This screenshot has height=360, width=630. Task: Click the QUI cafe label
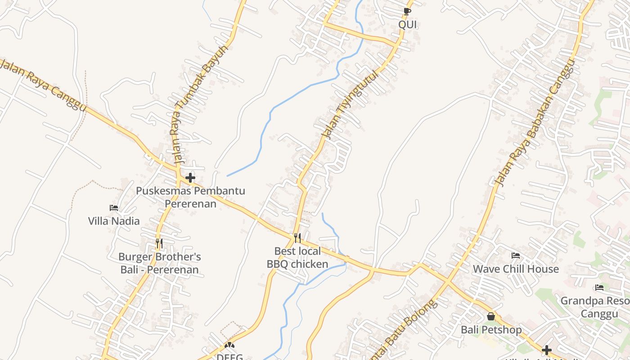tap(408, 25)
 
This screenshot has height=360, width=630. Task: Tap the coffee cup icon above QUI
tap(407, 11)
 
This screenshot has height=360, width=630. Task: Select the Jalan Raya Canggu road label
tap(43, 84)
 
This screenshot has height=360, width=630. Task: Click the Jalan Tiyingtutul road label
tap(350, 104)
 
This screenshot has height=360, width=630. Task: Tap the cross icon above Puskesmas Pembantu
tap(190, 178)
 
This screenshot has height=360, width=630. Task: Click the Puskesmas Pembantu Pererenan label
tap(190, 197)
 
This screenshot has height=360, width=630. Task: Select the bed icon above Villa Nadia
tap(114, 208)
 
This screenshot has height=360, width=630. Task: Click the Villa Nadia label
tap(114, 221)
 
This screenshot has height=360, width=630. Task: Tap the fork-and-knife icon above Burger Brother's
tap(159, 243)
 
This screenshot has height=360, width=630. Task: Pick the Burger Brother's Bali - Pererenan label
tap(159, 263)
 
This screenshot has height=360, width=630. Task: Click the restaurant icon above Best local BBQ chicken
tap(297, 238)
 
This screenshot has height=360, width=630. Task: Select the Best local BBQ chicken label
tap(297, 257)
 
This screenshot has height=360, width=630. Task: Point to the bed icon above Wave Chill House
tap(516, 256)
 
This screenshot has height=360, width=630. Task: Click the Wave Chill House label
tap(516, 269)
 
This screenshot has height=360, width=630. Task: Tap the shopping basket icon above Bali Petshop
tap(491, 317)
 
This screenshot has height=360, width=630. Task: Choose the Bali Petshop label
tap(491, 330)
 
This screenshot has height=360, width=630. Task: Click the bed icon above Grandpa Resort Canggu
tap(599, 288)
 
